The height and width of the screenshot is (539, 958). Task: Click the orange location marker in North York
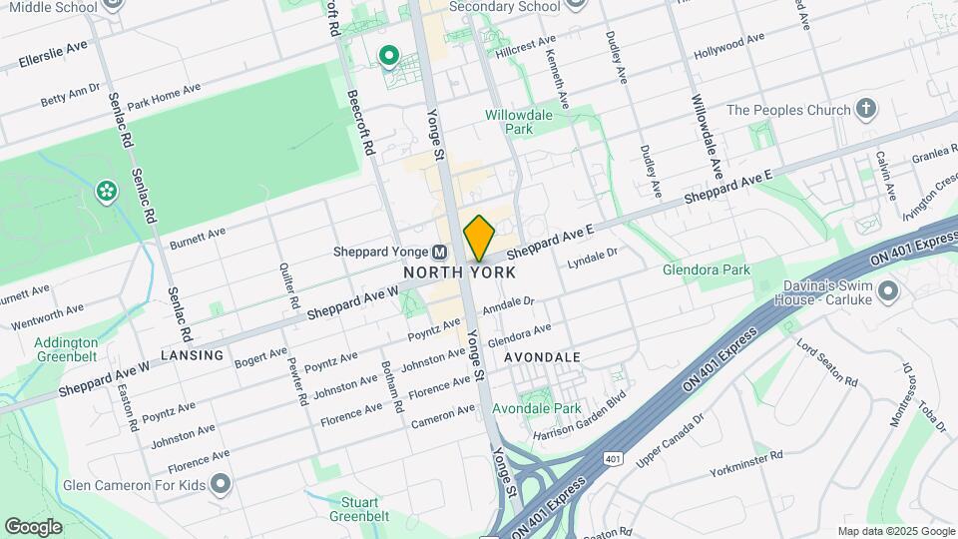(479, 238)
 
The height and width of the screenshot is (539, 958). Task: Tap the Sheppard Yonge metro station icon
(438, 253)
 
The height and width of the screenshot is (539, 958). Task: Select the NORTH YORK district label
(459, 271)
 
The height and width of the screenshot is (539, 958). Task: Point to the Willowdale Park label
(519, 122)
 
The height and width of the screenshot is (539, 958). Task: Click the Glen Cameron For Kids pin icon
(222, 486)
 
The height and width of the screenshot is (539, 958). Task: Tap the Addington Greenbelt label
(66, 348)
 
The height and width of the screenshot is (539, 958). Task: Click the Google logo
(33, 527)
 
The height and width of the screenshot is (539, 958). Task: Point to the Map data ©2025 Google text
(896, 531)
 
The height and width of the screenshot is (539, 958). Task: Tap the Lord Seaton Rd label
(826, 362)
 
